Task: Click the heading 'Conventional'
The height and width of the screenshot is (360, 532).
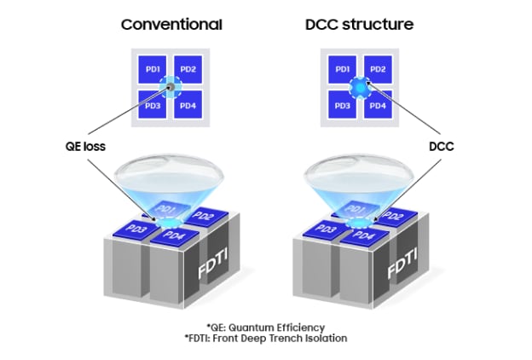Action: (171, 24)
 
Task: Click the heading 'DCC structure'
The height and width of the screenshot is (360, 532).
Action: (358, 24)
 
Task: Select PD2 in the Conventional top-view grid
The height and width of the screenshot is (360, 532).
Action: (188, 68)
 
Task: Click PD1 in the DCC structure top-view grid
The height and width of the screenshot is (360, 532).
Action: (341, 68)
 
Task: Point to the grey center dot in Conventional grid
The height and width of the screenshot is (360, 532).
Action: (171, 86)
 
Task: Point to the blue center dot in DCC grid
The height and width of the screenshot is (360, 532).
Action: (358, 86)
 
